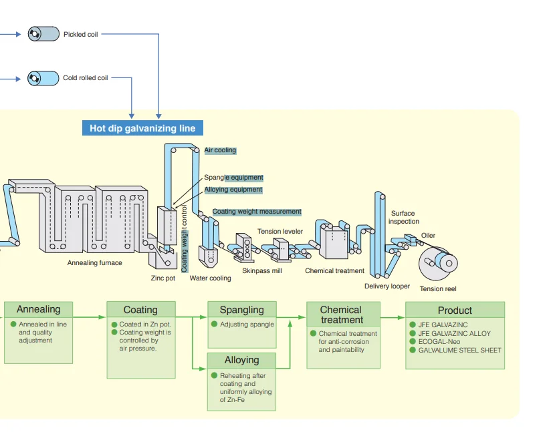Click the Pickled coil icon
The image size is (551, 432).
tap(43, 34)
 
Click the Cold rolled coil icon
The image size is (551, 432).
tap(43, 78)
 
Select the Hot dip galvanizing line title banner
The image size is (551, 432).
tap(142, 128)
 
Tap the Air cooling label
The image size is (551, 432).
tap(220, 150)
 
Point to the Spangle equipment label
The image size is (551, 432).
tap(233, 178)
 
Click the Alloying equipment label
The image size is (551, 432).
tap(233, 190)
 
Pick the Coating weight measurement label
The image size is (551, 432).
tap(257, 212)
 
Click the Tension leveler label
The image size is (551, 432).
tap(280, 232)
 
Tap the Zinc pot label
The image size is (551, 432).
tap(162, 278)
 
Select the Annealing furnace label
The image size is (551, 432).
tap(94, 263)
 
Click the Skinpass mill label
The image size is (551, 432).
tap(262, 271)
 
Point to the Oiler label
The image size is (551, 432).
tap(428, 236)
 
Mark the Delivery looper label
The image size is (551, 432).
tap(387, 286)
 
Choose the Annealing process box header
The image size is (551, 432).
tap(38, 310)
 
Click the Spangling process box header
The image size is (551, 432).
tap(241, 310)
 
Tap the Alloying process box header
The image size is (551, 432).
tap(241, 361)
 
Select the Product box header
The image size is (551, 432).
tap(455, 310)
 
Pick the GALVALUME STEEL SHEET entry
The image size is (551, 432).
tap(459, 350)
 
